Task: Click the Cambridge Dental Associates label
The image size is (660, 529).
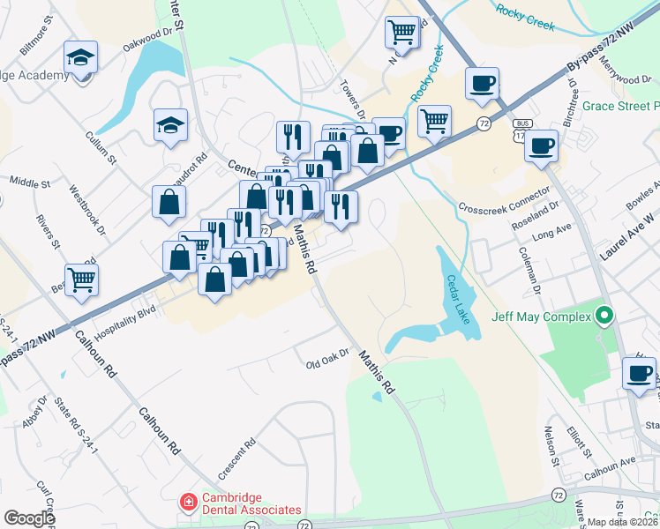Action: coord(252,503)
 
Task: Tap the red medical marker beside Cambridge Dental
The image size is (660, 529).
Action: coord(188,503)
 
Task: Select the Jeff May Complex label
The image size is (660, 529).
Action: coord(541,316)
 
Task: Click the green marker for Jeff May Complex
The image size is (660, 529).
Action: coord(604,315)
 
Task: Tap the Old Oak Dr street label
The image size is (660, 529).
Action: coord(328,361)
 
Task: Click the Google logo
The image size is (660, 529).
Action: coord(29,518)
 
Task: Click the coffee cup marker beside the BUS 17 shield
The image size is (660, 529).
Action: coord(541,146)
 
